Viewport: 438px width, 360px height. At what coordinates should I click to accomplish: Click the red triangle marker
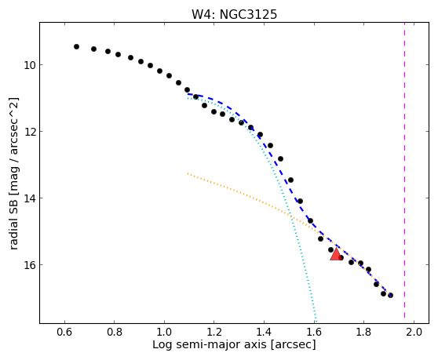(336, 255)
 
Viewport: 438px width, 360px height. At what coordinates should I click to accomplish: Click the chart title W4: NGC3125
(234, 15)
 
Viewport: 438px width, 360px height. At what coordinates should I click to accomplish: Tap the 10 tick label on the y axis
(29, 65)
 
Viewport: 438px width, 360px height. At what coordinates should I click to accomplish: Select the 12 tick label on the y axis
(29, 132)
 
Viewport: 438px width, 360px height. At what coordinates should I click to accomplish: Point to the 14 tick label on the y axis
(29, 198)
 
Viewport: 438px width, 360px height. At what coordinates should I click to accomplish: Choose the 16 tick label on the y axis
(29, 264)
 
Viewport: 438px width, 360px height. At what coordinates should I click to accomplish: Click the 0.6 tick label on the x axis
(64, 333)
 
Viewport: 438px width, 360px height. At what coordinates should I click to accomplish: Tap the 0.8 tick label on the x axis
(115, 333)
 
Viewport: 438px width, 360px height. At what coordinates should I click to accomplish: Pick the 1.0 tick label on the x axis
(164, 333)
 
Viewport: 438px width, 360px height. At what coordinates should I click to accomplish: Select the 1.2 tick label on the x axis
(214, 333)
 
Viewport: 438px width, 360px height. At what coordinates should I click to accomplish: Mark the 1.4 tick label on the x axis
(264, 333)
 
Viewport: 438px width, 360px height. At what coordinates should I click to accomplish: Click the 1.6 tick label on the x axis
(314, 333)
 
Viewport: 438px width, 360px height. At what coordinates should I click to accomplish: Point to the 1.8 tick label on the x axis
(363, 333)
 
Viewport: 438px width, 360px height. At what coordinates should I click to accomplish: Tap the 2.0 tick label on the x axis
(414, 333)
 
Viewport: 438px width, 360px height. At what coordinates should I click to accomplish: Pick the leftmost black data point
(77, 46)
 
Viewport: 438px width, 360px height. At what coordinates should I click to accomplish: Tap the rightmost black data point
(391, 295)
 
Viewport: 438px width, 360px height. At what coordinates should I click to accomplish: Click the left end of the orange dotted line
(188, 173)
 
